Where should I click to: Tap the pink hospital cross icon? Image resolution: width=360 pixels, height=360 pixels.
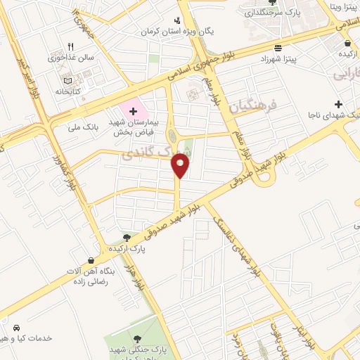click(x=132, y=111)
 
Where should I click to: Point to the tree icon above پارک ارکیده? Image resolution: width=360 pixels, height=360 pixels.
click(x=126, y=238)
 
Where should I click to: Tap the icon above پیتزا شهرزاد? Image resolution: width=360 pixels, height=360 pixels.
click(x=278, y=49)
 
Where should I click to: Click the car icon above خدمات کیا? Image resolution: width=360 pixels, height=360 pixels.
click(x=15, y=328)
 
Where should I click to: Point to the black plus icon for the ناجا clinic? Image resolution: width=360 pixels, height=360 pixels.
click(x=338, y=104)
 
